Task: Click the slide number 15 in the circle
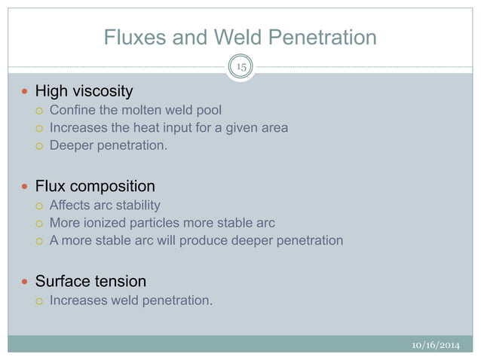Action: pyautogui.click(x=241, y=67)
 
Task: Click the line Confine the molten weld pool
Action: pyautogui.click(x=136, y=110)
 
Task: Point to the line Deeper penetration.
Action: pyautogui.click(x=109, y=145)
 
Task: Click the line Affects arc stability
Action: pyautogui.click(x=105, y=205)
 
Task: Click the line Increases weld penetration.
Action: pyautogui.click(x=131, y=301)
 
